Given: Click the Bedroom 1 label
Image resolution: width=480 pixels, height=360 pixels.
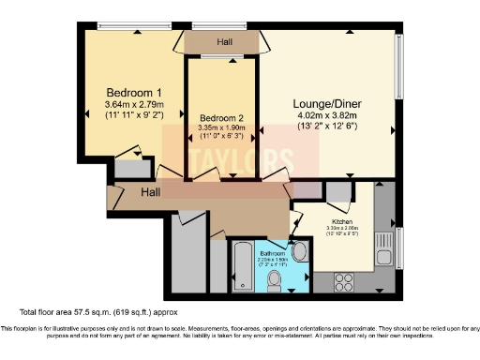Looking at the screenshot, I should coord(134,93).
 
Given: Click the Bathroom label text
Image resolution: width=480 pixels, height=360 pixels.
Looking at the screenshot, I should coord(274,252).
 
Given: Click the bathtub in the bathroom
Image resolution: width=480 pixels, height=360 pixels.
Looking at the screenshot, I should coord(241,267).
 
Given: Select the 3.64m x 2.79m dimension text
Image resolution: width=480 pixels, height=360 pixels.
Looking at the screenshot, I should coord(134,107).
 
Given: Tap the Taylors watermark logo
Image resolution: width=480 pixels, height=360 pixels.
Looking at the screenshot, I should coord(222,160).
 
